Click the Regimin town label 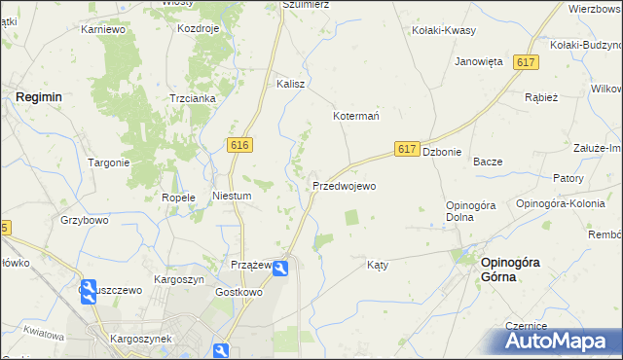38,97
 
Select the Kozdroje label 199,29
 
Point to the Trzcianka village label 192,98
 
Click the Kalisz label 291,84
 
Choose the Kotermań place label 356,115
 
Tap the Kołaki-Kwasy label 444,30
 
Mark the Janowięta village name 479,60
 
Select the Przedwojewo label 344,185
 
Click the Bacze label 487,162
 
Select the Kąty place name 379,264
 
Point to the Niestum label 233,196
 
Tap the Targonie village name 109,162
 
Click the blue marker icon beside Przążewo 280,268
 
